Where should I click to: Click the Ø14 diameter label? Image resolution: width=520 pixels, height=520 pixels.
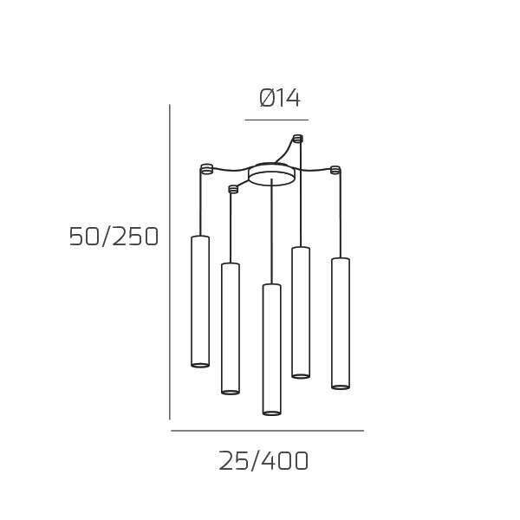tap(280, 99)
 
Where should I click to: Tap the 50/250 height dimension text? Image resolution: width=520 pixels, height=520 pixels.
tap(114, 237)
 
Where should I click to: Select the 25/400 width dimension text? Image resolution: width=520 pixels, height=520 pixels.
tap(263, 461)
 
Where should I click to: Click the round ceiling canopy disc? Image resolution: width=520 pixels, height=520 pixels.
tap(272, 174)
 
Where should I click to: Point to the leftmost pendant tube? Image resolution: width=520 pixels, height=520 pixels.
tap(200, 302)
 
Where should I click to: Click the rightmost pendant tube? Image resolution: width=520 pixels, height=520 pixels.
tap(341, 323)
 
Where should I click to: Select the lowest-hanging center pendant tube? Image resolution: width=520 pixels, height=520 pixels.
tap(272, 349)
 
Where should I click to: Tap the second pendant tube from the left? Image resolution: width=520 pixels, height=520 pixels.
tap(231, 328)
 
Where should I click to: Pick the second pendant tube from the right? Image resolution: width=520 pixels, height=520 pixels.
tap(301, 312)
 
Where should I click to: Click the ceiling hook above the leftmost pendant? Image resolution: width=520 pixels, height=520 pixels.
tap(206, 169)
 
